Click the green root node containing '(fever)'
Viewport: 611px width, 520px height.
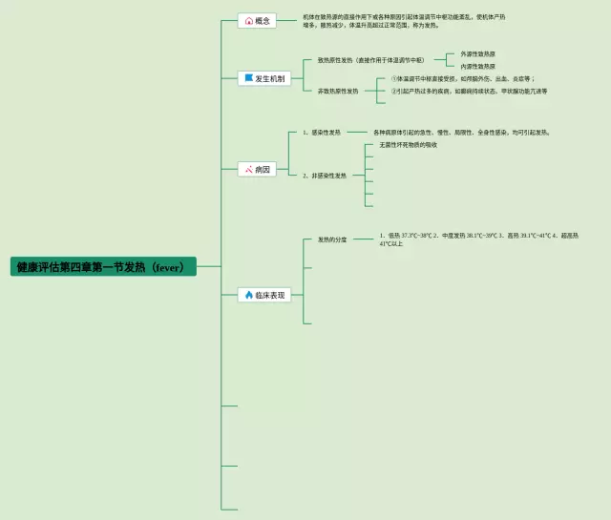click(104, 267)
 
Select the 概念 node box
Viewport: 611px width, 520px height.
click(257, 20)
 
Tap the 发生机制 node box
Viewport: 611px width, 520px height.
click(263, 78)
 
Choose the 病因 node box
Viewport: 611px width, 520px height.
click(257, 169)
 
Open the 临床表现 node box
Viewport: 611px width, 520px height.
click(263, 296)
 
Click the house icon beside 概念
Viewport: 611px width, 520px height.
click(248, 20)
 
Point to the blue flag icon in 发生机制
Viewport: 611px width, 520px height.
click(248, 78)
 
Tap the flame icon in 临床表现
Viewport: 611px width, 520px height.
click(248, 296)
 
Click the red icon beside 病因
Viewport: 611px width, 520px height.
click(248, 169)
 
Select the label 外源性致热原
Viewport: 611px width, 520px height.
click(477, 53)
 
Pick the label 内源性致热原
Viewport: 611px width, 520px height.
click(477, 66)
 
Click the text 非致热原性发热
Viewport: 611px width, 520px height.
click(338, 91)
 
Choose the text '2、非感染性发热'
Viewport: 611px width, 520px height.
click(325, 176)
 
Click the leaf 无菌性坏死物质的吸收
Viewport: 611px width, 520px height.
click(408, 145)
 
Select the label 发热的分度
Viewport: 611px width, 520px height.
click(332, 239)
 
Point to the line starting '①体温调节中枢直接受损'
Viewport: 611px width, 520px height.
click(462, 78)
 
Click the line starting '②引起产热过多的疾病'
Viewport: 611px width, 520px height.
click(469, 91)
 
